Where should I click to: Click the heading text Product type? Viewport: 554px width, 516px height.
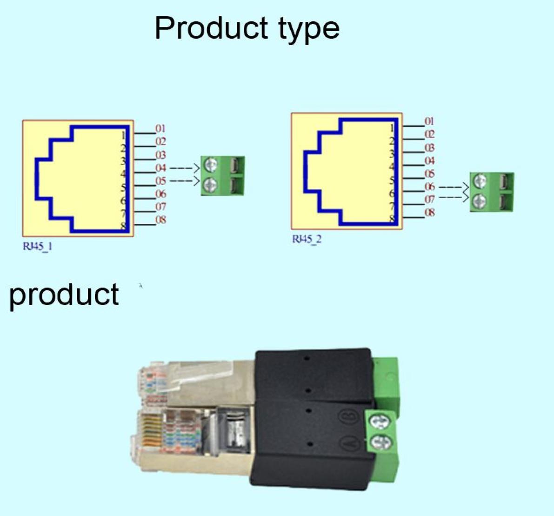(x=247, y=28)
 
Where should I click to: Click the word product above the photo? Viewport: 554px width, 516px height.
(x=64, y=295)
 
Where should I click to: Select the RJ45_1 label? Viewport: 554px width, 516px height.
(x=38, y=246)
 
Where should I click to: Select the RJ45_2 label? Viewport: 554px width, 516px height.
(x=307, y=239)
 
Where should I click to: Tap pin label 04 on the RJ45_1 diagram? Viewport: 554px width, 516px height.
(x=160, y=168)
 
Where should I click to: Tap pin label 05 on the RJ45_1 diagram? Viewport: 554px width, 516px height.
(x=160, y=181)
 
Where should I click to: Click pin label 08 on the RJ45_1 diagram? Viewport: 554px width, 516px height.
(x=160, y=220)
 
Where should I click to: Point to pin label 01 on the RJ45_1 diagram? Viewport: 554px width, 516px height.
(x=160, y=128)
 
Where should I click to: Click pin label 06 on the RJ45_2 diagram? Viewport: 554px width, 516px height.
(x=429, y=187)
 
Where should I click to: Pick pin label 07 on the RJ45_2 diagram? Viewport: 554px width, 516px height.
(x=429, y=200)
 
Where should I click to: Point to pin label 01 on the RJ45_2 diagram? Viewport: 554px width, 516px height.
(x=429, y=121)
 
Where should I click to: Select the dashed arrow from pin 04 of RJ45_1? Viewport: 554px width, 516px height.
(x=184, y=168)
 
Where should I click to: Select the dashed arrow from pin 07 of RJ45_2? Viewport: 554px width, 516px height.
(x=453, y=199)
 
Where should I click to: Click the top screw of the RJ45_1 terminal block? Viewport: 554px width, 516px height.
(x=212, y=165)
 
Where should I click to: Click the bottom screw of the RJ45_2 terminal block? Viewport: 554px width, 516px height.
(x=480, y=201)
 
